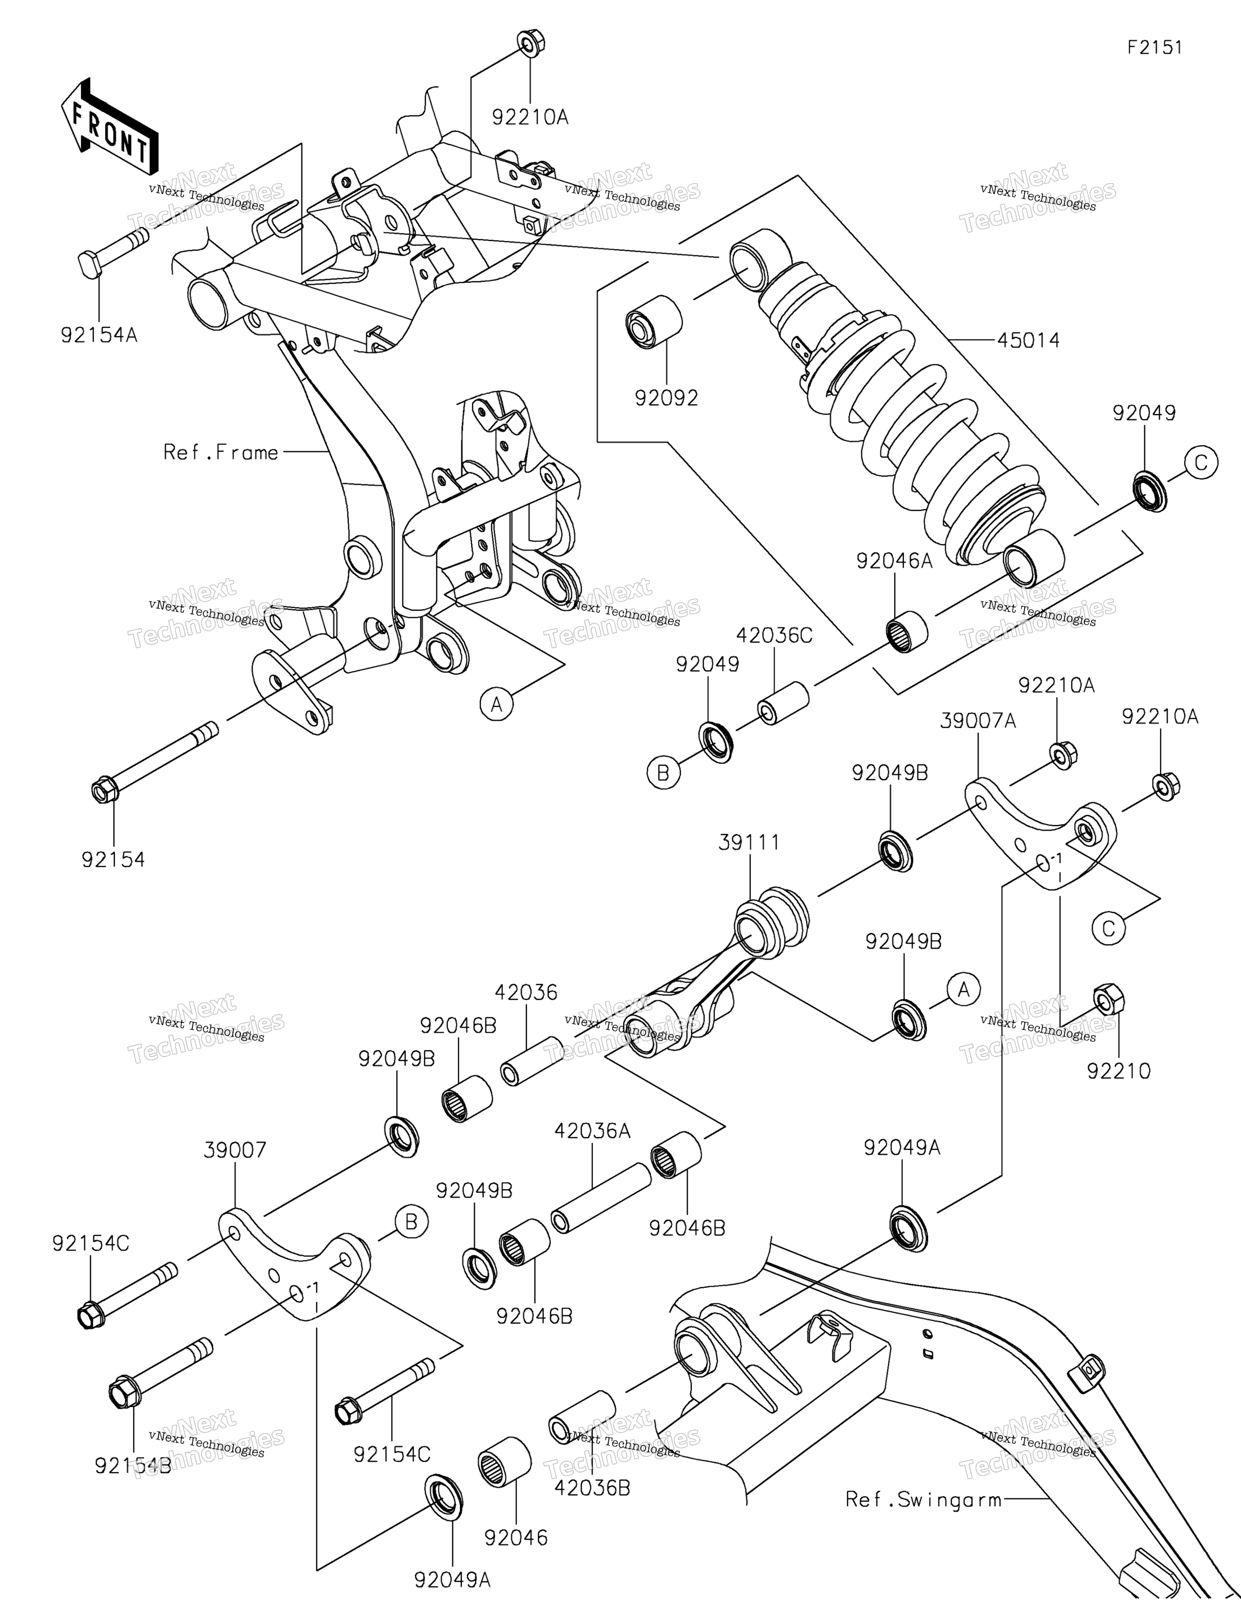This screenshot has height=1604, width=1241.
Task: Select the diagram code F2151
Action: (1155, 48)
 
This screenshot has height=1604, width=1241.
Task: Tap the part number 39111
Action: (749, 842)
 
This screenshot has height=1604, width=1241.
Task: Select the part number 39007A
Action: (978, 721)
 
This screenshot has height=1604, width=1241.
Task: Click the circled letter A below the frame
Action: (496, 704)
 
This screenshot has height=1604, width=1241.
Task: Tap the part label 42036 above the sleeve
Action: (526, 993)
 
